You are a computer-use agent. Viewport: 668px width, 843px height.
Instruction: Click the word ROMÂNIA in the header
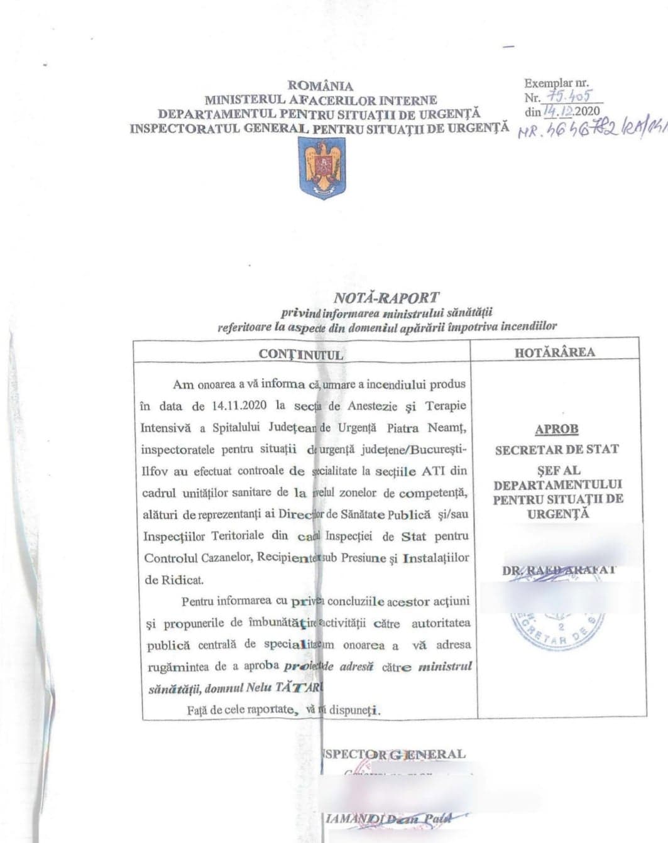(x=320, y=86)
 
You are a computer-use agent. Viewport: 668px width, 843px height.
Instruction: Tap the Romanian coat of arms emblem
(x=321, y=166)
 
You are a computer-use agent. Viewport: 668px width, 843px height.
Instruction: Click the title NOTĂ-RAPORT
(x=386, y=297)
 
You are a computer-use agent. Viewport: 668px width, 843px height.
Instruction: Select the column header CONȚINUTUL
(x=301, y=354)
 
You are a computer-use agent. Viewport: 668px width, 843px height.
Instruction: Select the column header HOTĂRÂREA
(x=554, y=352)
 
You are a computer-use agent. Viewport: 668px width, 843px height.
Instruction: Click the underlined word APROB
(x=556, y=430)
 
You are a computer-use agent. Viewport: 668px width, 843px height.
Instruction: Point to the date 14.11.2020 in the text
(x=241, y=406)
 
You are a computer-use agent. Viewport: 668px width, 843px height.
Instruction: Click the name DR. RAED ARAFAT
(x=558, y=570)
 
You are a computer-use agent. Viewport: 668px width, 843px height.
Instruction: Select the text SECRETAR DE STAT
(x=557, y=450)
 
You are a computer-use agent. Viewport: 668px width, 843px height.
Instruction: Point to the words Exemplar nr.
(x=557, y=83)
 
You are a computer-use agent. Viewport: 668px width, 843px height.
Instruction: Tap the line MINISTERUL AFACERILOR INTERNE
(x=320, y=100)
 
